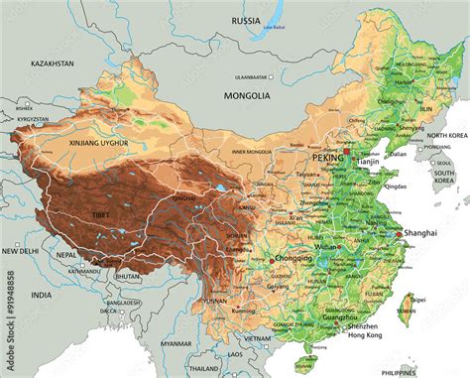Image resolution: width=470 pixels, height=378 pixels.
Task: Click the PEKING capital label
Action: click(x=327, y=158)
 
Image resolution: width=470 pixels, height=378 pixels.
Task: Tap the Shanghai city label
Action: click(x=419, y=232)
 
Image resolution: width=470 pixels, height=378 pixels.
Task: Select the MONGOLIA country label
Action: click(x=245, y=96)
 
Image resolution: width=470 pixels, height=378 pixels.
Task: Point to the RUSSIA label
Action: click(x=246, y=20)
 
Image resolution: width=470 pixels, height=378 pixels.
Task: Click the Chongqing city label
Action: click(x=292, y=258)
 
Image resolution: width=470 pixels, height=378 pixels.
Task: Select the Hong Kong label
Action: click(x=366, y=335)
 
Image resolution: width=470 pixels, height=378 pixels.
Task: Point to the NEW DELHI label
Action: click(x=20, y=252)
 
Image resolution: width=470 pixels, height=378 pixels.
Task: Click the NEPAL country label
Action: click(x=66, y=255)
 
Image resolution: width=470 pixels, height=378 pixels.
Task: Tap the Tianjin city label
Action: click(x=369, y=161)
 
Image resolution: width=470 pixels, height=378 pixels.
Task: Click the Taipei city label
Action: click(x=417, y=298)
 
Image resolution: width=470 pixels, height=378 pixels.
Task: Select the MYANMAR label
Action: click(x=176, y=343)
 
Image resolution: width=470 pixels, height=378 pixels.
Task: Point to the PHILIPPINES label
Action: click(x=441, y=372)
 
